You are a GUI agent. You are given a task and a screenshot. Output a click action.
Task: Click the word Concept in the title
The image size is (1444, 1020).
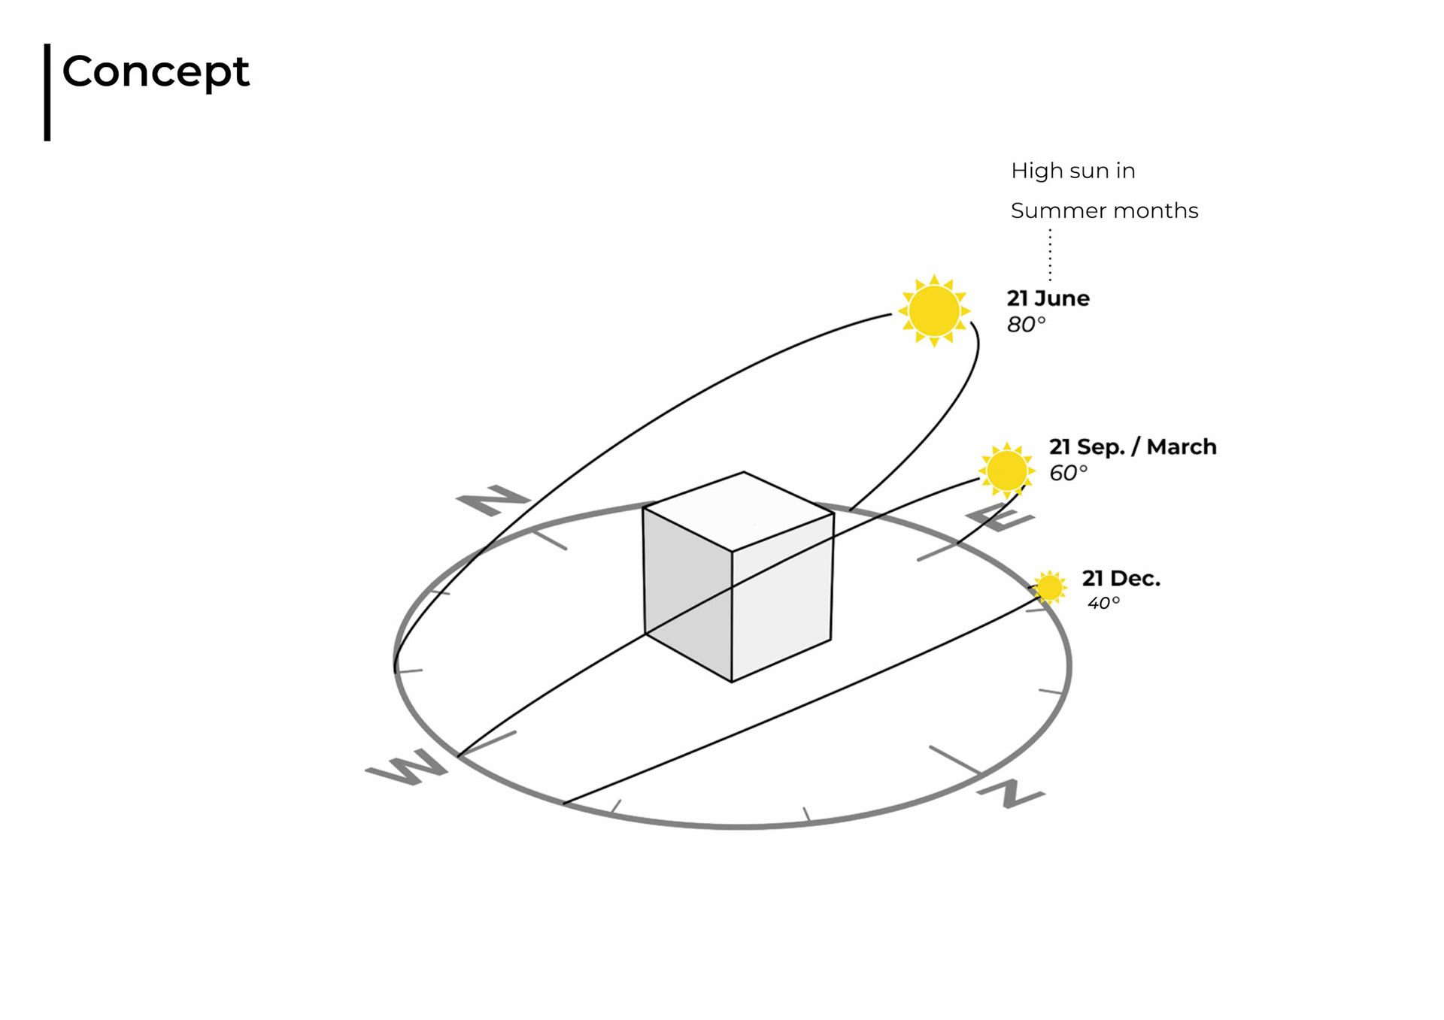coord(155,72)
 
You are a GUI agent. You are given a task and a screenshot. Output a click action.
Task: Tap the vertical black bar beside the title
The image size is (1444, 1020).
coord(47,92)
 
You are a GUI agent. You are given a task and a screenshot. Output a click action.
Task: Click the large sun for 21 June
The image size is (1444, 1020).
coord(934,310)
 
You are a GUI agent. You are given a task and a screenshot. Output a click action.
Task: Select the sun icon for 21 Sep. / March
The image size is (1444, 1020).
coord(1006,471)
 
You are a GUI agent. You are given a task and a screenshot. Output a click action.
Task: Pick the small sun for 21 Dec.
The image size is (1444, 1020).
coord(1049,587)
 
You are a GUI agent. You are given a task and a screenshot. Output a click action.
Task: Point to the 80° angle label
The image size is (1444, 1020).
coord(1026,325)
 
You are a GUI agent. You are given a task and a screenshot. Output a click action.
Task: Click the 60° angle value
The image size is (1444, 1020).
coord(1068,473)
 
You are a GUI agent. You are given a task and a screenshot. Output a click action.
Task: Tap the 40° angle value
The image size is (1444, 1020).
coord(1103,603)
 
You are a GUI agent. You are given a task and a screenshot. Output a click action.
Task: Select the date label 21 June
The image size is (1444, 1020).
coord(1048,298)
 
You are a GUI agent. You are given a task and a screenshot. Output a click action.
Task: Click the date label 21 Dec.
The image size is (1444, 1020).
coord(1121,579)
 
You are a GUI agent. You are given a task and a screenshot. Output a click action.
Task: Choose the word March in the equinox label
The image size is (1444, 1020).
coord(1181,446)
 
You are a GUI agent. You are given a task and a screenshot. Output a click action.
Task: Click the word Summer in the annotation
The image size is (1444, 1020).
coord(1048,211)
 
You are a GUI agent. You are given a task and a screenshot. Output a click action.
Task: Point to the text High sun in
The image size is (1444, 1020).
coord(1072,171)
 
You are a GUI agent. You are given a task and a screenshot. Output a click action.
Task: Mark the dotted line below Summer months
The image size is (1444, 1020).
coord(1050,256)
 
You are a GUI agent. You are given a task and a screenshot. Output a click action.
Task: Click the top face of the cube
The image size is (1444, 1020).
coord(739,510)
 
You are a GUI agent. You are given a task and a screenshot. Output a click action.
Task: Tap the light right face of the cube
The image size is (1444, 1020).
coord(782,598)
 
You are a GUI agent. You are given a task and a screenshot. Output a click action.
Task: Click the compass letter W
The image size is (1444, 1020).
coord(407,768)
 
